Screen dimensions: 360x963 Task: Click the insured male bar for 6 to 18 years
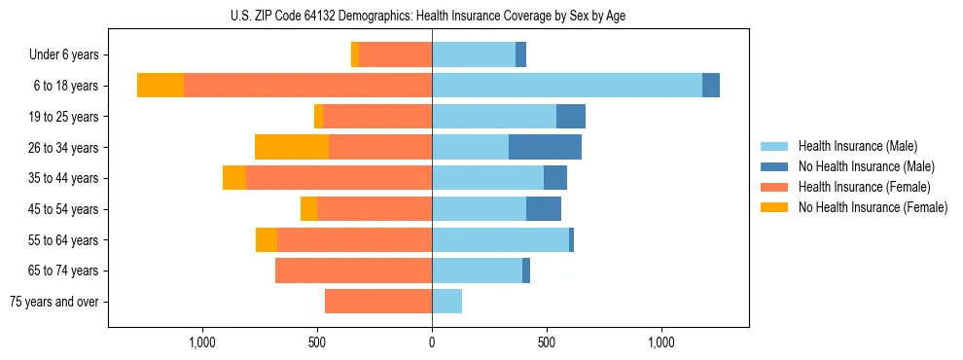coord(567,86)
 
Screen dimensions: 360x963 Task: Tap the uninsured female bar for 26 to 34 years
coord(292,147)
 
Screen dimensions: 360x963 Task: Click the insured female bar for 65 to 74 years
coord(353,270)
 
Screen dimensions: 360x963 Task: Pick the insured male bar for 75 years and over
coord(446,302)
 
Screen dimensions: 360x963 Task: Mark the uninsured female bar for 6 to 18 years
coord(160,86)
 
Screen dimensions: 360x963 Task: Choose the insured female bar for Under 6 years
coord(395,54)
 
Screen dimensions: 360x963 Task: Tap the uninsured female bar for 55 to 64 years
coord(267,239)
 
